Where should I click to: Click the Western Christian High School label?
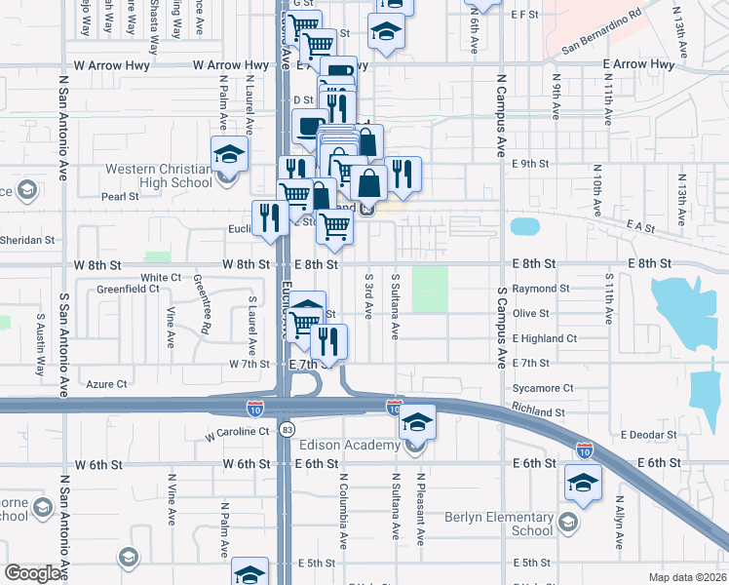(158, 175)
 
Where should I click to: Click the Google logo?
(33, 573)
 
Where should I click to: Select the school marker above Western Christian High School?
(229, 154)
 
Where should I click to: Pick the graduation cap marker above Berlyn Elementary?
(583, 483)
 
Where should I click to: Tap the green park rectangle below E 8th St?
(429, 290)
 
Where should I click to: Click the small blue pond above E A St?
(524, 227)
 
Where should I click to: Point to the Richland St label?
(538, 412)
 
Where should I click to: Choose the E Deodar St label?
(648, 434)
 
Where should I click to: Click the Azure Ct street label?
(107, 384)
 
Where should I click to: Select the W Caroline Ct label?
(235, 430)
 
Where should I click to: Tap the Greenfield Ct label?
(127, 289)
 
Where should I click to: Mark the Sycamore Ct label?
(542, 388)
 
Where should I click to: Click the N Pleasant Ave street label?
(421, 509)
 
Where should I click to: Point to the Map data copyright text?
(686, 577)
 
